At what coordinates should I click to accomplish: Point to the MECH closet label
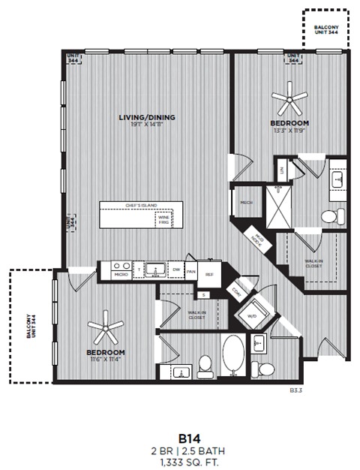point(245,202)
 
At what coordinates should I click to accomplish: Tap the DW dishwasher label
point(175,269)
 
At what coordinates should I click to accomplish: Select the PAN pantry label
point(192,271)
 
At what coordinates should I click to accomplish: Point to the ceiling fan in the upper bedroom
point(289,96)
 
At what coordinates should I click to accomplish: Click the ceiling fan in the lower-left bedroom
point(105,327)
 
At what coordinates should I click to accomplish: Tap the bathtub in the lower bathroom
point(232,357)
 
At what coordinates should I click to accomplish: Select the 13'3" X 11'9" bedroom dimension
point(289,130)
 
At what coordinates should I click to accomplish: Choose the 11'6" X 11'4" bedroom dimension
point(105,360)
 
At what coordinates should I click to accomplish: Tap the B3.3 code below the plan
point(296,390)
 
